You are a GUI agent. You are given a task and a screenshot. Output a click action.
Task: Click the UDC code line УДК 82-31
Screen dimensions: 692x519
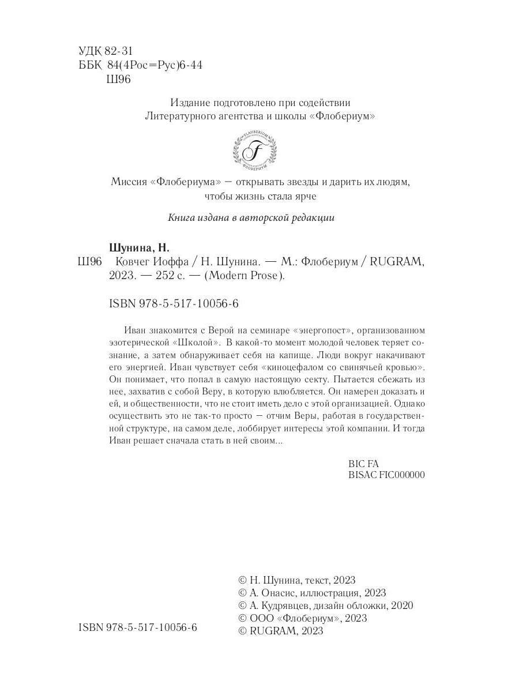click(104, 51)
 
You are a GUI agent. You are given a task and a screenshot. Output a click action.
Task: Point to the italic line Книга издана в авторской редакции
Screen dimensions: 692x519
click(251, 218)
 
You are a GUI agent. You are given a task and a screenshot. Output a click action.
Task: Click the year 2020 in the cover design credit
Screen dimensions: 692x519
click(401, 605)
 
